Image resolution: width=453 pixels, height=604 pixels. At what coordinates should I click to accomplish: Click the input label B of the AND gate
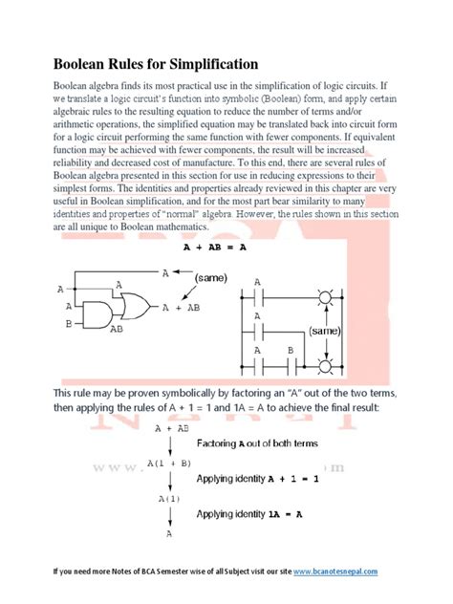coord(68,325)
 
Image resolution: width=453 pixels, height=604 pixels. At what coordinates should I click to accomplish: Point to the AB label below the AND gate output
coord(116,329)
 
